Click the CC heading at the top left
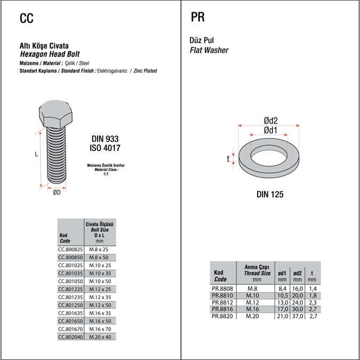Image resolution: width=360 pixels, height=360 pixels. [x=26, y=19]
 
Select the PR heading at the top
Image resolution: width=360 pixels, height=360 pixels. [x=197, y=18]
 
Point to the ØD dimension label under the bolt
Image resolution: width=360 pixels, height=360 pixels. [x=56, y=193]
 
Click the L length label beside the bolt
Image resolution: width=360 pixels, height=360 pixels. [x=36, y=155]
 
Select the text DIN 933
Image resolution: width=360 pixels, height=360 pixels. [x=105, y=139]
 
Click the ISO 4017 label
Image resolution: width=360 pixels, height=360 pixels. [x=105, y=148]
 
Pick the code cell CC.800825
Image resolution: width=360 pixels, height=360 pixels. [x=70, y=249]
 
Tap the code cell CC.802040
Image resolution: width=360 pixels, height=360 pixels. [x=70, y=337]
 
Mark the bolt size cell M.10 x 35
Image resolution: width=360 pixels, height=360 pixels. [x=100, y=273]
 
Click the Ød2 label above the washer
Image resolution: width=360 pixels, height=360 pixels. [x=270, y=121]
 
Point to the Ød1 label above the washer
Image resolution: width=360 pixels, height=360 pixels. [x=270, y=130]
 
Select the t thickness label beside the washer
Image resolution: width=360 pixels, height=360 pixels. [x=228, y=159]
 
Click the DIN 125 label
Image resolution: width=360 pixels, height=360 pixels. [x=270, y=195]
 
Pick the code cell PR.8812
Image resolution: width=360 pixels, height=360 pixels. [x=222, y=302]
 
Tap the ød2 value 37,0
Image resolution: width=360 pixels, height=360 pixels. [x=298, y=316]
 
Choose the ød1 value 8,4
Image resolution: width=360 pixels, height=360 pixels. [x=283, y=288]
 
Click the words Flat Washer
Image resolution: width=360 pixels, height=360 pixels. [x=209, y=50]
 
